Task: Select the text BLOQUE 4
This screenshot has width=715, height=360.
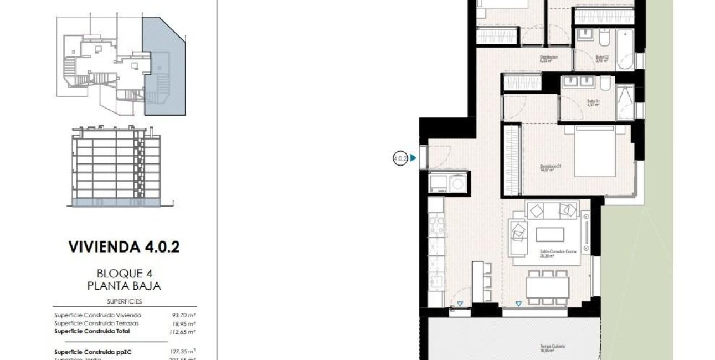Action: click(124, 273)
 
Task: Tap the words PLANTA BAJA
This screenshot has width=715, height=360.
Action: click(124, 286)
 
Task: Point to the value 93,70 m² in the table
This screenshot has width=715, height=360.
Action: click(185, 315)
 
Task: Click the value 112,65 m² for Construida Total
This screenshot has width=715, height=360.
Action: click(184, 331)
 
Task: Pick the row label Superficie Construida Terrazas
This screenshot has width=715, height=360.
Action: click(96, 323)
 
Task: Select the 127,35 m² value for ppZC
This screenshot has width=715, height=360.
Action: click(184, 351)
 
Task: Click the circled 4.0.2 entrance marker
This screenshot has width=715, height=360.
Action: click(400, 158)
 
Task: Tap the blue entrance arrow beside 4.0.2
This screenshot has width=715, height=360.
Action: click(413, 158)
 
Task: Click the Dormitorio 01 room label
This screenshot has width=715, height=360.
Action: click(551, 168)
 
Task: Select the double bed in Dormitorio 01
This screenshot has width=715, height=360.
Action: click(594, 150)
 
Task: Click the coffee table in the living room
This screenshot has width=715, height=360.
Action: click(549, 234)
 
